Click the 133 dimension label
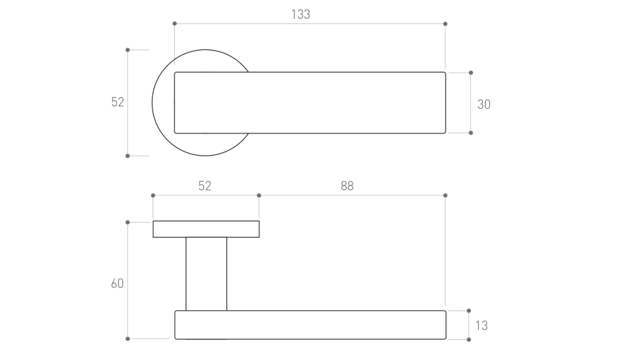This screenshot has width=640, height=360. coord(301,14)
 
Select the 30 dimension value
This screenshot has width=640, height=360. coord(484,105)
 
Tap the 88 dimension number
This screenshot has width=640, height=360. coord(347,186)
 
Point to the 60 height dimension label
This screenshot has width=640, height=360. coord(117,283)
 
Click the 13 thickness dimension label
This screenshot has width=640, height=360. coord(482,326)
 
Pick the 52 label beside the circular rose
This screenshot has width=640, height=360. coord(117,102)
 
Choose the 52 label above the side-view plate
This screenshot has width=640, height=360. coord(205,186)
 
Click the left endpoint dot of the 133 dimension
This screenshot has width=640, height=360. coord(174,23)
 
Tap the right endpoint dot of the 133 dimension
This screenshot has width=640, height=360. coord(445,23)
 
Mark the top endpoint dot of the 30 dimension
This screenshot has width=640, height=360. coord(471,73)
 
